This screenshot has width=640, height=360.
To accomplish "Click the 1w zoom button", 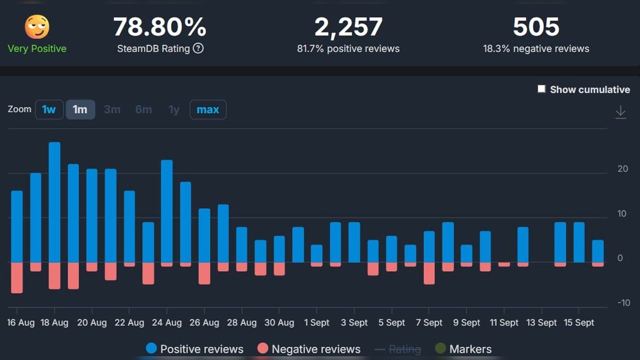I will pos(49,109).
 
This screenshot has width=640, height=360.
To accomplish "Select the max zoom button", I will pos(207,109).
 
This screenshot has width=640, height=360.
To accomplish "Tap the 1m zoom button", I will pos(80,109).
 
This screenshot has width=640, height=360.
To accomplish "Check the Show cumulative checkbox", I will pos(542,89).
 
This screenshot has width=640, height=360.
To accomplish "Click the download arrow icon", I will pos(621,112).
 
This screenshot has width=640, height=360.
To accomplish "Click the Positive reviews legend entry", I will pos(194,349).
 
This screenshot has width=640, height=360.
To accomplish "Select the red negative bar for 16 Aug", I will pos(17,277).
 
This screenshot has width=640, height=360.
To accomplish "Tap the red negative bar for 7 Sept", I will pos(429,273).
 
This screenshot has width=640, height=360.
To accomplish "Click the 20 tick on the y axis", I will pos(622,169).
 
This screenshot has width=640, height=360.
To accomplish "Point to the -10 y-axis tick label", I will pos(623,303).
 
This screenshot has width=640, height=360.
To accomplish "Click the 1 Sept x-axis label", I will pos(316,322).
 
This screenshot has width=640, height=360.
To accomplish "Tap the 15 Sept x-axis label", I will pos(579,322).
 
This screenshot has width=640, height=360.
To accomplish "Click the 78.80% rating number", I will pos(159,27).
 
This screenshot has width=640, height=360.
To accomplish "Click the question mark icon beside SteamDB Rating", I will pos(198,48).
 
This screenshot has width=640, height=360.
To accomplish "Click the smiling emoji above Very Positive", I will pos(37,27).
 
